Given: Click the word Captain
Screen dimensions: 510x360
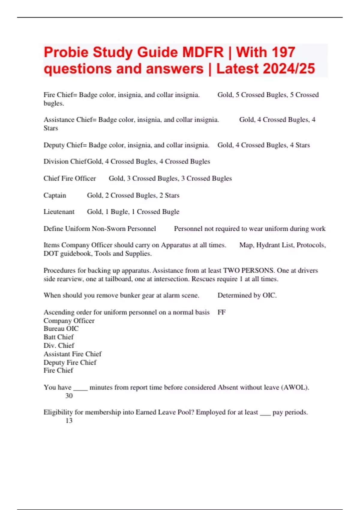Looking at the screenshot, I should pyautogui.click(x=55, y=195).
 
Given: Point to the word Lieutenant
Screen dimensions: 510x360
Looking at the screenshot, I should pyautogui.click(x=59, y=212).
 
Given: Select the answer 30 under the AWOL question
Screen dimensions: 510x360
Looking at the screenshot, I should pyautogui.click(x=69, y=396).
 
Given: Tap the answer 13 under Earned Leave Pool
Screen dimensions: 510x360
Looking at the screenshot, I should pyautogui.click(x=69, y=421).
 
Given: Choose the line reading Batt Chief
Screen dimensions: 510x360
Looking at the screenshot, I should pyautogui.click(x=58, y=337).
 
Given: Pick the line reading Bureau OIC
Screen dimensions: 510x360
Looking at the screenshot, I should pyautogui.click(x=61, y=329).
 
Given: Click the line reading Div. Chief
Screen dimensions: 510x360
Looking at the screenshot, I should pyautogui.click(x=59, y=346).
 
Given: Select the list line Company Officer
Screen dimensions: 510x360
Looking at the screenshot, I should pyautogui.click(x=69, y=321).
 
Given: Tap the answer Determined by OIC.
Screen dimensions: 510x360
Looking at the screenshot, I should pyautogui.click(x=247, y=295).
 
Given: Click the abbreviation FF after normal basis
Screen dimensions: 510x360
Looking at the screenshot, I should pyautogui.click(x=221, y=312).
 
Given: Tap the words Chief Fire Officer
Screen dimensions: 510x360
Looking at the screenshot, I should pyautogui.click(x=70, y=178).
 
